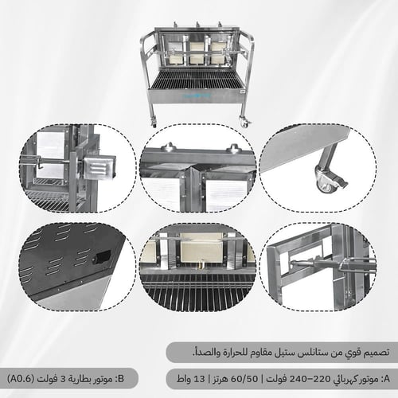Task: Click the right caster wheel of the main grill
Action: pos(244,122)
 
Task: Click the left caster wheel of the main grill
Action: pos(154,123)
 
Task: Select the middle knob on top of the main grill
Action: pos(197,24)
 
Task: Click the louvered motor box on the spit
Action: pos(99,168)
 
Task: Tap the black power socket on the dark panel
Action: pos(101,256)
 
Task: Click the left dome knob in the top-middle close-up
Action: pos(169,146)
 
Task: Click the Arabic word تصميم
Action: pos(377,353)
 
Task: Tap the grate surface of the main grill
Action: pos(197,79)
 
